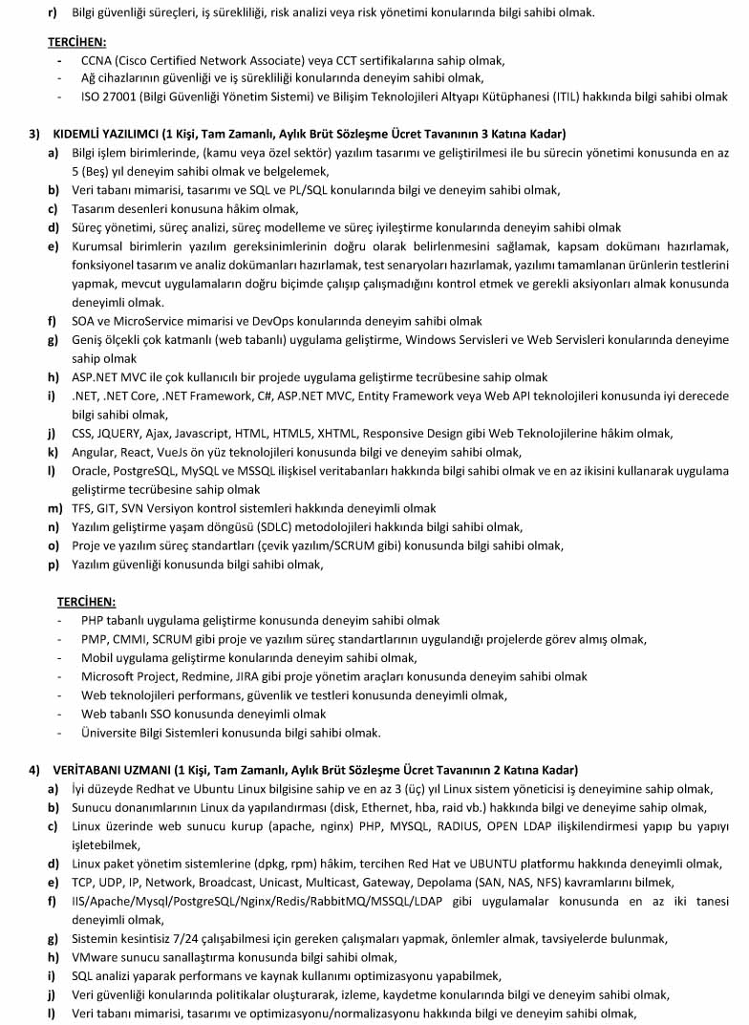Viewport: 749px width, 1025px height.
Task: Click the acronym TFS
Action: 83,508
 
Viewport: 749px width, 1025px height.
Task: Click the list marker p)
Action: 53,564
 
